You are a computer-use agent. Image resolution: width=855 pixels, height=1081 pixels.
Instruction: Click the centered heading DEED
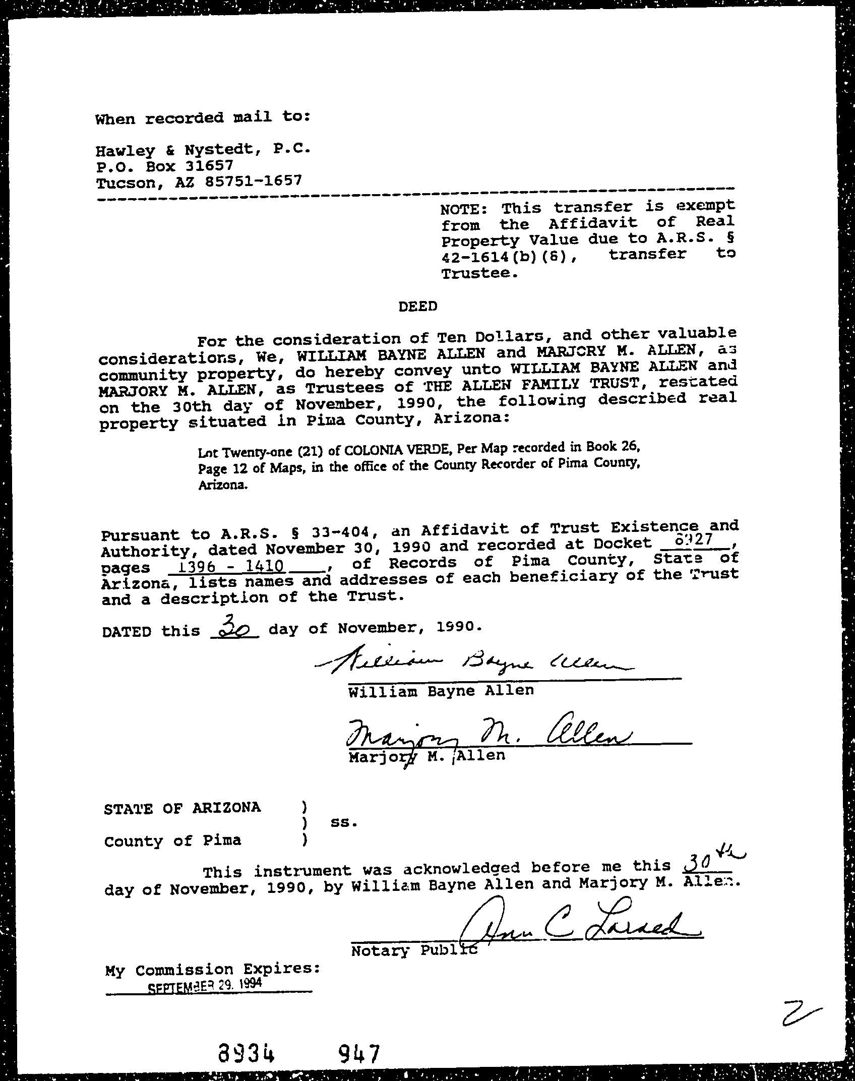click(x=417, y=306)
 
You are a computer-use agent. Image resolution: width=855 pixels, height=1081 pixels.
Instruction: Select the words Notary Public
click(x=414, y=950)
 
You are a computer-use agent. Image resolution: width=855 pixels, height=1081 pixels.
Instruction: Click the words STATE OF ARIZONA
click(x=182, y=808)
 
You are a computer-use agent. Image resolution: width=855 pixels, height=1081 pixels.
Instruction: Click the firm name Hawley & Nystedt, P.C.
click(x=203, y=149)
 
